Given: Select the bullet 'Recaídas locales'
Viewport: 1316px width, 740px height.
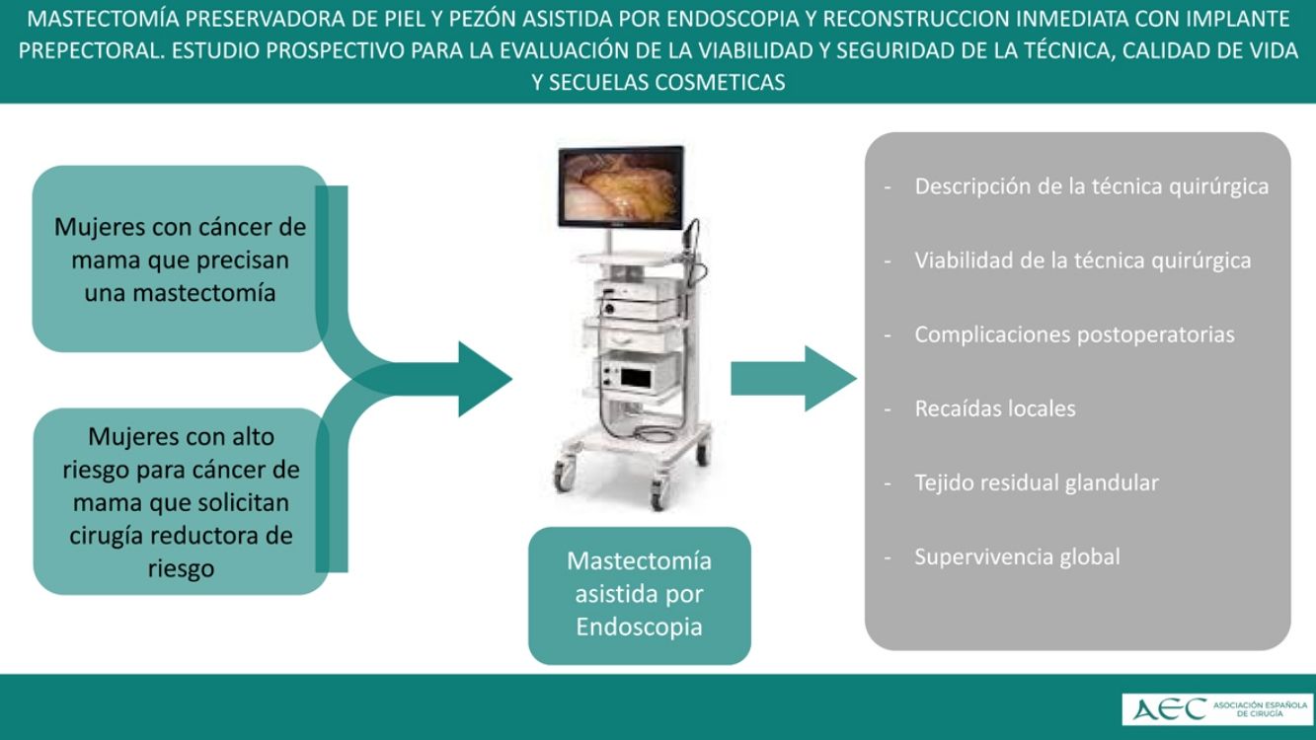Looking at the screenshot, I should (x=994, y=408).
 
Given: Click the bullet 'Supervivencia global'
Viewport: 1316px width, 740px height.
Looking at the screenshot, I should (x=1017, y=556).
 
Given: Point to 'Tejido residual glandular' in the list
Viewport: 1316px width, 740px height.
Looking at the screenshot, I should (x=1036, y=482).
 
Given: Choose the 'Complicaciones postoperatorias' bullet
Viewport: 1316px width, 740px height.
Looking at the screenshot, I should (x=1074, y=334).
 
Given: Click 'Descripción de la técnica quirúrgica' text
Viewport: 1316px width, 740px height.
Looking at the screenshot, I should (x=1091, y=186).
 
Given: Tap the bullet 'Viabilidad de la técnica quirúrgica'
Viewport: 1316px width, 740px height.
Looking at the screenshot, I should (x=1082, y=260).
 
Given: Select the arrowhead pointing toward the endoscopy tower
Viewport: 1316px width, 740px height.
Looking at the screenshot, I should (x=484, y=378).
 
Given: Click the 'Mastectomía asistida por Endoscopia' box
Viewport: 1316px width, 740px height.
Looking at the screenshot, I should (x=639, y=594).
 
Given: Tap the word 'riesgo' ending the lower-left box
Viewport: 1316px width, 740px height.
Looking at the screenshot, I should (x=180, y=569).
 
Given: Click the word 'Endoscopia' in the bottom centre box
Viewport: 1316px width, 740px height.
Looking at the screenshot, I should (x=639, y=627).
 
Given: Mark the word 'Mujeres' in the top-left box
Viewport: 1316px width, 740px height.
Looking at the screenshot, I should (x=100, y=228).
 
